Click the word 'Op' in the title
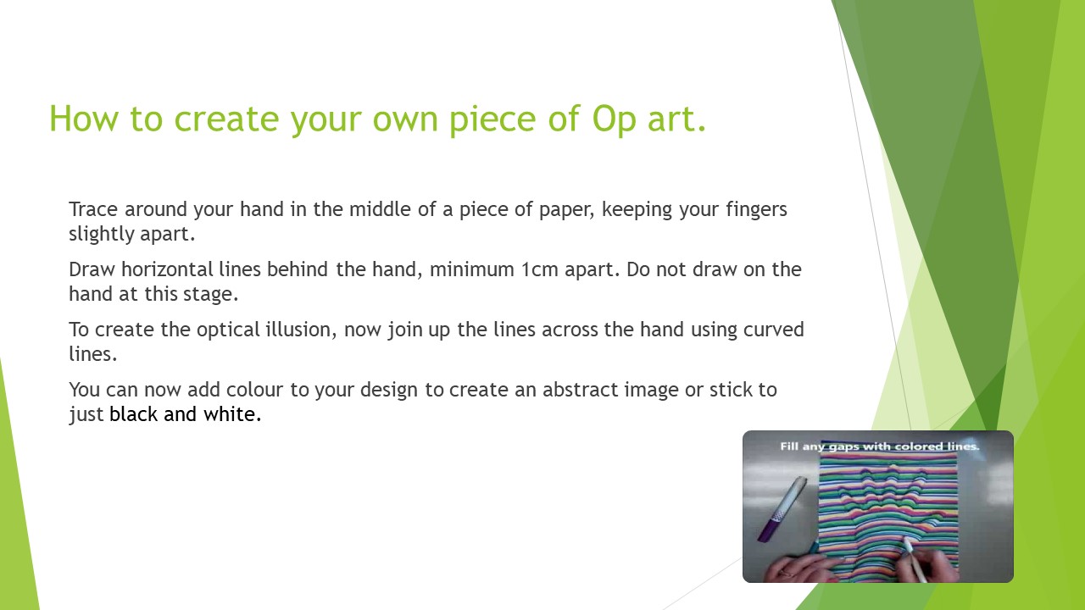point(614,119)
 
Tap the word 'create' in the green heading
point(226,119)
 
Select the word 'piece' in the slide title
point(492,119)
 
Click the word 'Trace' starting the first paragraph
point(93,209)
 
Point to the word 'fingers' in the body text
point(757,209)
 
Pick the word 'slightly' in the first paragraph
point(101,235)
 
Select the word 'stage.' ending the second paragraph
point(211,295)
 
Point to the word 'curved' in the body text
point(774,330)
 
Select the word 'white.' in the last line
point(232,414)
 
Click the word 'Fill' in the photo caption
point(788,446)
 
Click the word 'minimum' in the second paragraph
point(472,269)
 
